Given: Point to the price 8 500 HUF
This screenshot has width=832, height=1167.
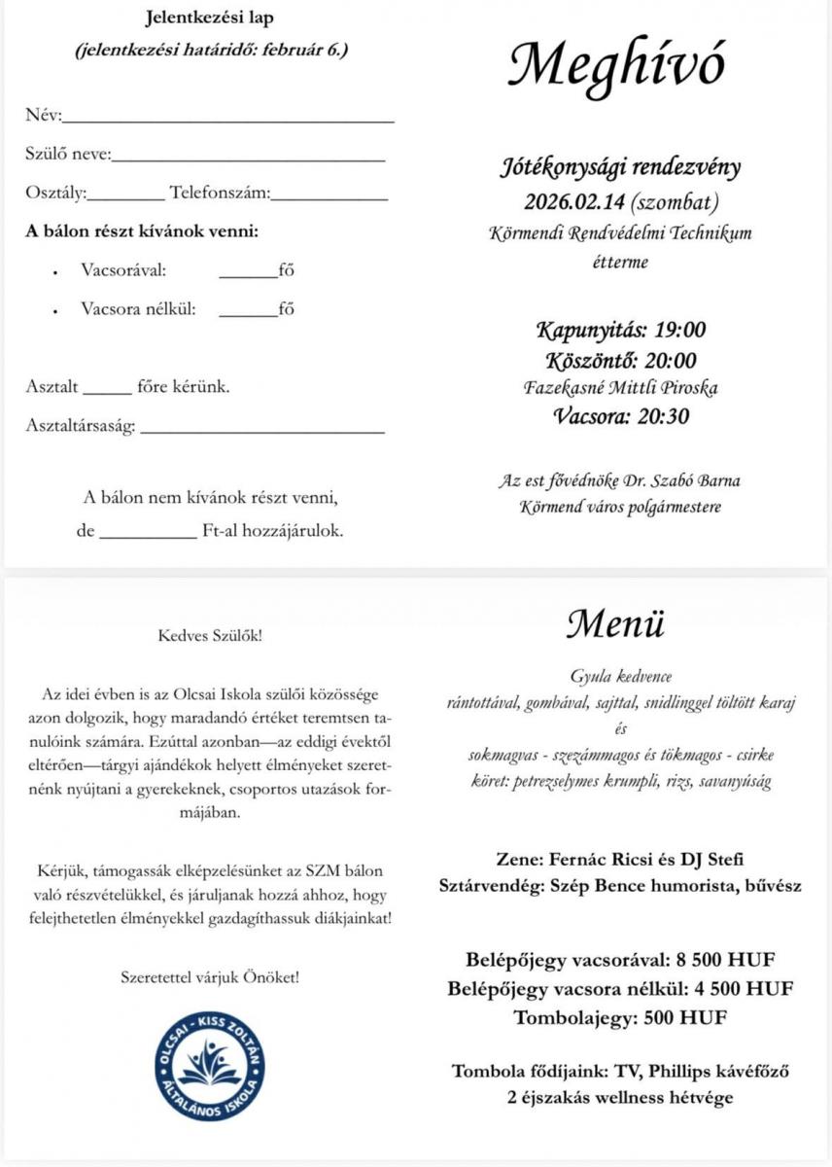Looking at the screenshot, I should pyautogui.click(x=723, y=961).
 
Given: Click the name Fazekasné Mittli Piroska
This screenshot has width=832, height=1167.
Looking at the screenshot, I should pyautogui.click(x=619, y=388).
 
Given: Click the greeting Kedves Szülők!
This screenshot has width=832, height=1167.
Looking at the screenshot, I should pyautogui.click(x=210, y=637).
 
